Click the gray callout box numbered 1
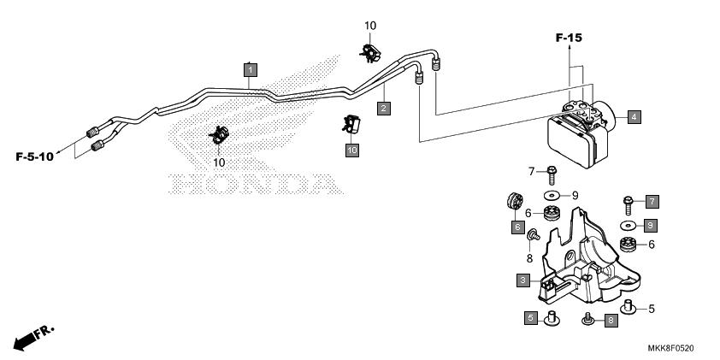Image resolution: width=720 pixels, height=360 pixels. pos(251,70)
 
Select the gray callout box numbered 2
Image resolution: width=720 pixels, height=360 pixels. pos(384,109)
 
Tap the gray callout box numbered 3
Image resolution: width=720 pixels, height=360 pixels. pos(523,280)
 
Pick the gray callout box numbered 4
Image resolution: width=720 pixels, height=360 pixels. pos(634,117)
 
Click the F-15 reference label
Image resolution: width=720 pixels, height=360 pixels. pos(569,38)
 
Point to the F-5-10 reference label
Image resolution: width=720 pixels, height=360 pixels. pos(34,156)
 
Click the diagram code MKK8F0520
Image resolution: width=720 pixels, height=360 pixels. pos(671,348)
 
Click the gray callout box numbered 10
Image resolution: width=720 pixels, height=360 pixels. pos(352,150)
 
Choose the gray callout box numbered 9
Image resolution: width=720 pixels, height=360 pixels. pos(650,226)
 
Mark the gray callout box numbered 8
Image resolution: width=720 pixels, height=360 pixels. pos(611,321)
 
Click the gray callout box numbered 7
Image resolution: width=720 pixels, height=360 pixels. pos(652,201)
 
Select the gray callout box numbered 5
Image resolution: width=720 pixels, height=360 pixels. pos(531,317)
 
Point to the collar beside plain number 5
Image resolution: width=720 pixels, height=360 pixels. pos(628,307)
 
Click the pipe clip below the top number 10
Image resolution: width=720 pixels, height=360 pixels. pos(370,54)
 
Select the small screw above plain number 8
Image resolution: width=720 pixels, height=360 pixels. pos(534,235)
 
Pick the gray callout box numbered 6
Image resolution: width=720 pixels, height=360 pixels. pos(518,227)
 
